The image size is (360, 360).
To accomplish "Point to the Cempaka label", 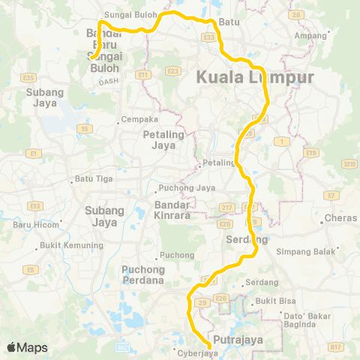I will [x=142, y=119].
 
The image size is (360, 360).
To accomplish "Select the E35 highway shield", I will [x=29, y=77].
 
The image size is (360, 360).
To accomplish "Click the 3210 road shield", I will [x=349, y=163].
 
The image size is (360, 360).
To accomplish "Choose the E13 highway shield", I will [x=34, y=205].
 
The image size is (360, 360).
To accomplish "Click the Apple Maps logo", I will [x=27, y=347].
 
